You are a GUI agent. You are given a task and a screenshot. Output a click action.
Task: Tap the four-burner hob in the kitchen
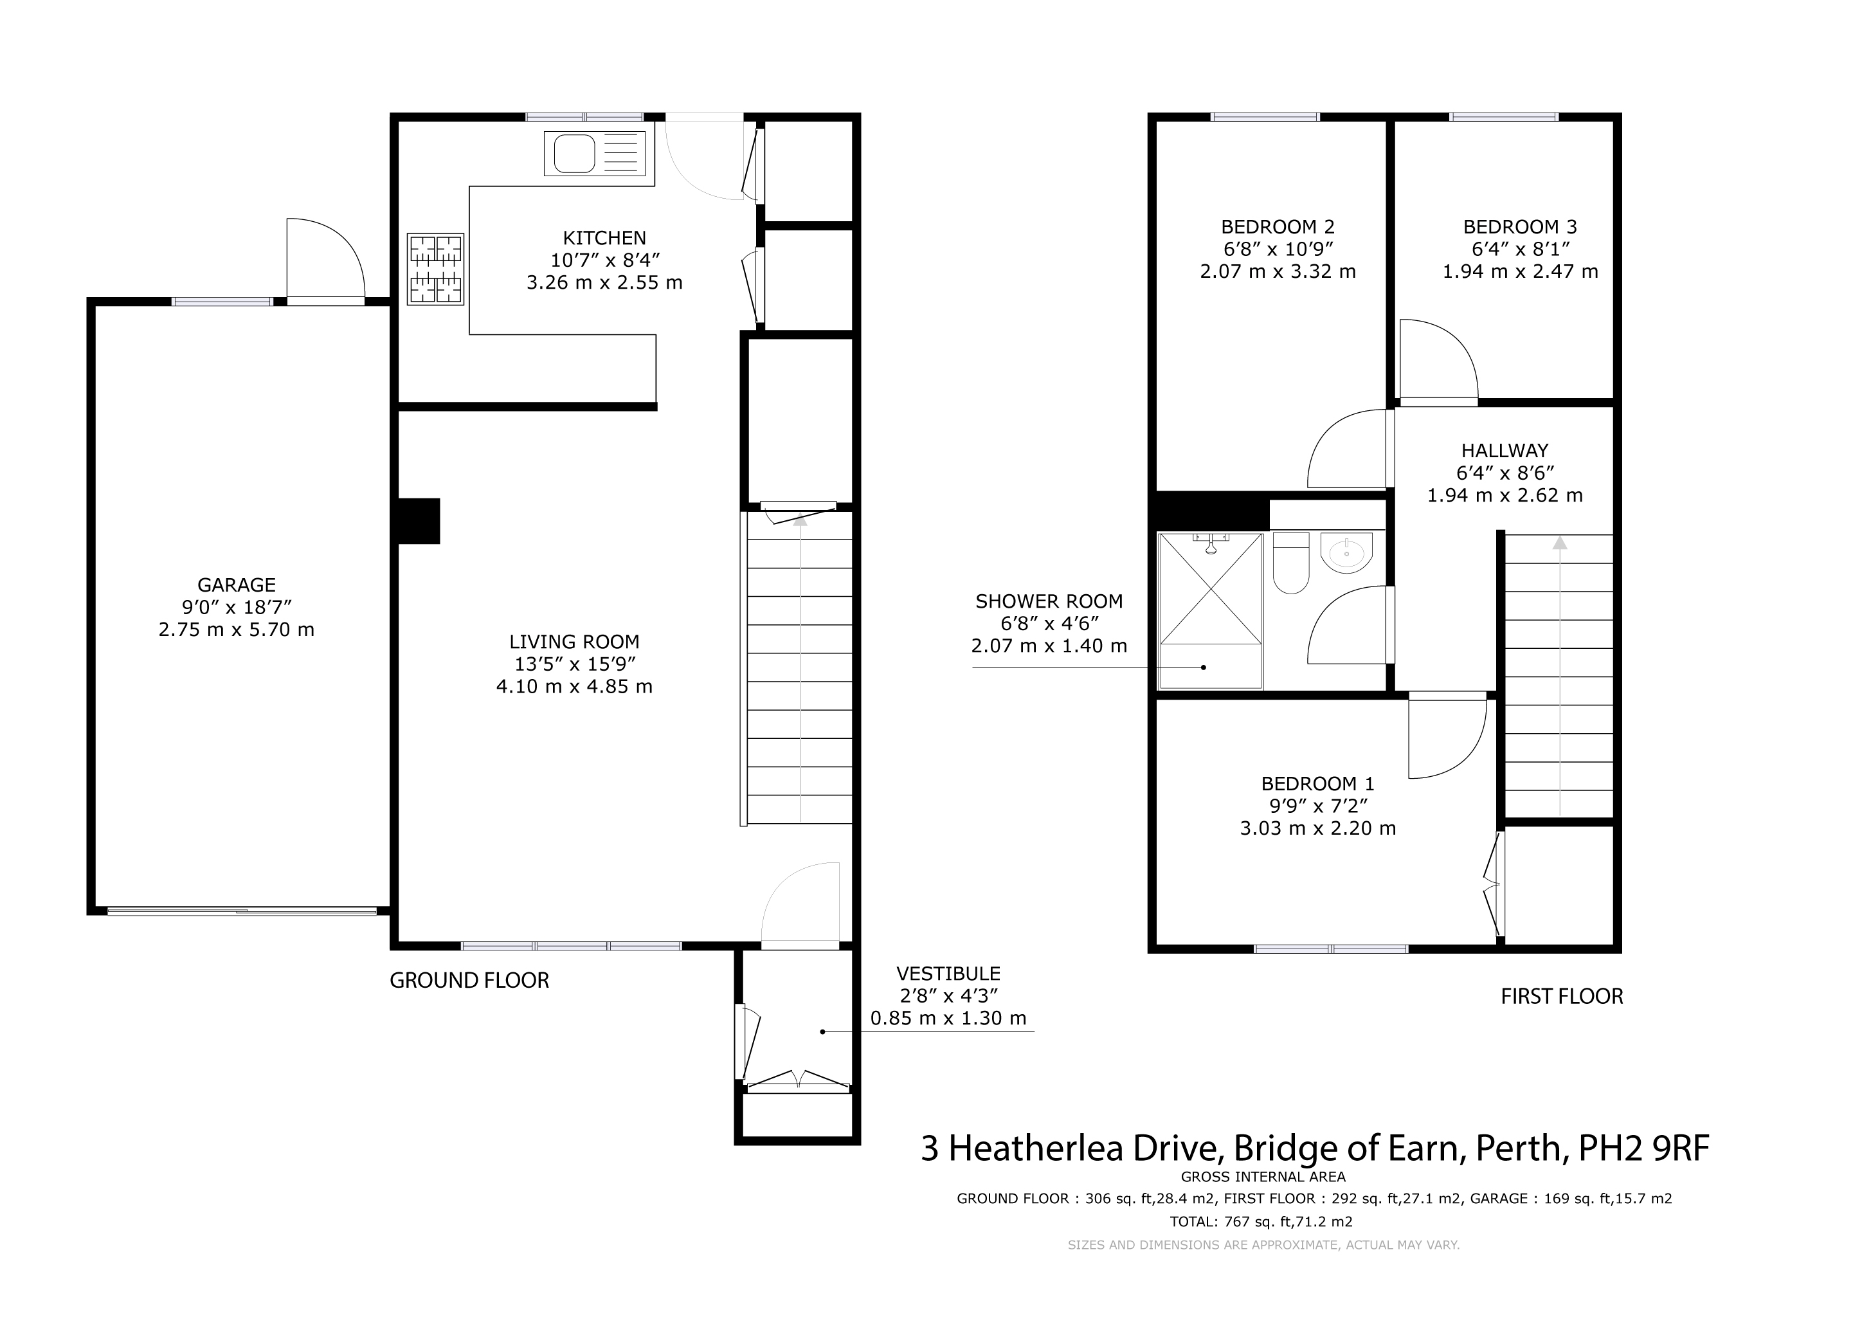435,269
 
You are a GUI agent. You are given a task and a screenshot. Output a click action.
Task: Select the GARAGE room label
237,585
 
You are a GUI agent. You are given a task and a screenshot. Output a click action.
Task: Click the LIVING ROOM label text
574,642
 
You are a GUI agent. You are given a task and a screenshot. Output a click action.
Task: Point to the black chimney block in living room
419,521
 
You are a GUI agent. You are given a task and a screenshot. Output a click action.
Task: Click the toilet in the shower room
1291,563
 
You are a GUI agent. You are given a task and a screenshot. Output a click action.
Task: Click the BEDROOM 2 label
1278,227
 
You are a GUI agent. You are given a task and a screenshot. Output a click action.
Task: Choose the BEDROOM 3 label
1520,227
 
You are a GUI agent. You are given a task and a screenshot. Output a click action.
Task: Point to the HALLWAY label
1505,450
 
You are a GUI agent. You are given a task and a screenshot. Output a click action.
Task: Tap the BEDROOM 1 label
1318,783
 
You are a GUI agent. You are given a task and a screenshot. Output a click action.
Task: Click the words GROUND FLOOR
469,981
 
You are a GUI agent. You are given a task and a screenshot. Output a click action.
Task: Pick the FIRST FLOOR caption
1562,997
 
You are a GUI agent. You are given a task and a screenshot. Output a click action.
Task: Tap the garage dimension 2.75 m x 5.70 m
237,630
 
